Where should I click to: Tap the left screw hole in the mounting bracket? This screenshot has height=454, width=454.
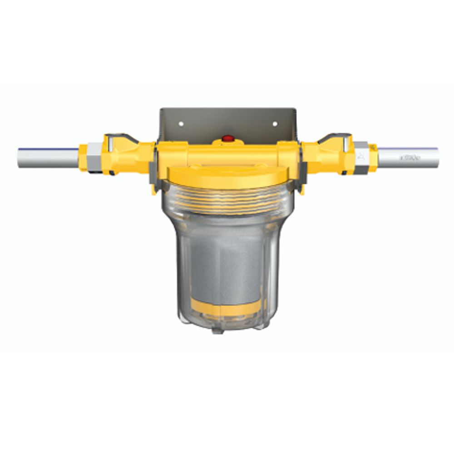pos(181,123)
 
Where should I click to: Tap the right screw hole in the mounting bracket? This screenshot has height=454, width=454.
pos(274,123)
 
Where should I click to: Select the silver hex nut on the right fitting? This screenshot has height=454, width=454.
pos(361,156)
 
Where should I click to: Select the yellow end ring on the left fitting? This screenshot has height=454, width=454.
pos(83,157)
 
